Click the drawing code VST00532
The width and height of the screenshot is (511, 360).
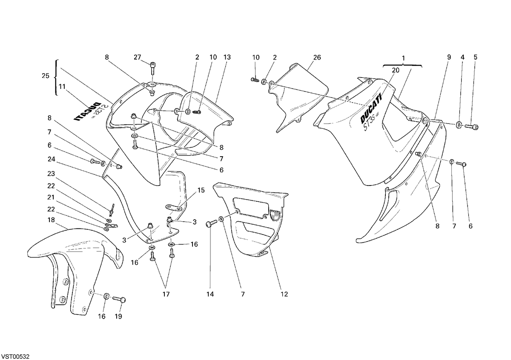point(15,356)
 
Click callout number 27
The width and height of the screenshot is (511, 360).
point(137,57)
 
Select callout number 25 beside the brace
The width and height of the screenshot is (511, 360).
point(46,76)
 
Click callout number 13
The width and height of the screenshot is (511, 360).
point(227,57)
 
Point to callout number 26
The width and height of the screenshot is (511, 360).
point(317,57)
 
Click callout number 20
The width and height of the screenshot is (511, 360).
point(396,70)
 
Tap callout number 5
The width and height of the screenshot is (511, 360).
point(475,57)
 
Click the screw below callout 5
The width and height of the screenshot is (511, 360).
point(471,126)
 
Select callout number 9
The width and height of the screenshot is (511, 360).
point(449,57)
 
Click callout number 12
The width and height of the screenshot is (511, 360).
point(284,294)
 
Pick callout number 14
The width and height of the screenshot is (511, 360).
point(210,294)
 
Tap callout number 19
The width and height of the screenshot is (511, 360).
point(118,317)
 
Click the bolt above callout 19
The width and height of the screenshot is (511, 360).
point(119,299)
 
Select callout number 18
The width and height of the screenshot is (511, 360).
point(51,220)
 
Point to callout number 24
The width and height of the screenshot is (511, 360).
point(52,159)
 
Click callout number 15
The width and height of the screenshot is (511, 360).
point(201,190)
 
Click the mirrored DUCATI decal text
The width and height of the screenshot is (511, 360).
point(87,112)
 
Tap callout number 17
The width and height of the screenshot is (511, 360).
point(166,294)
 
